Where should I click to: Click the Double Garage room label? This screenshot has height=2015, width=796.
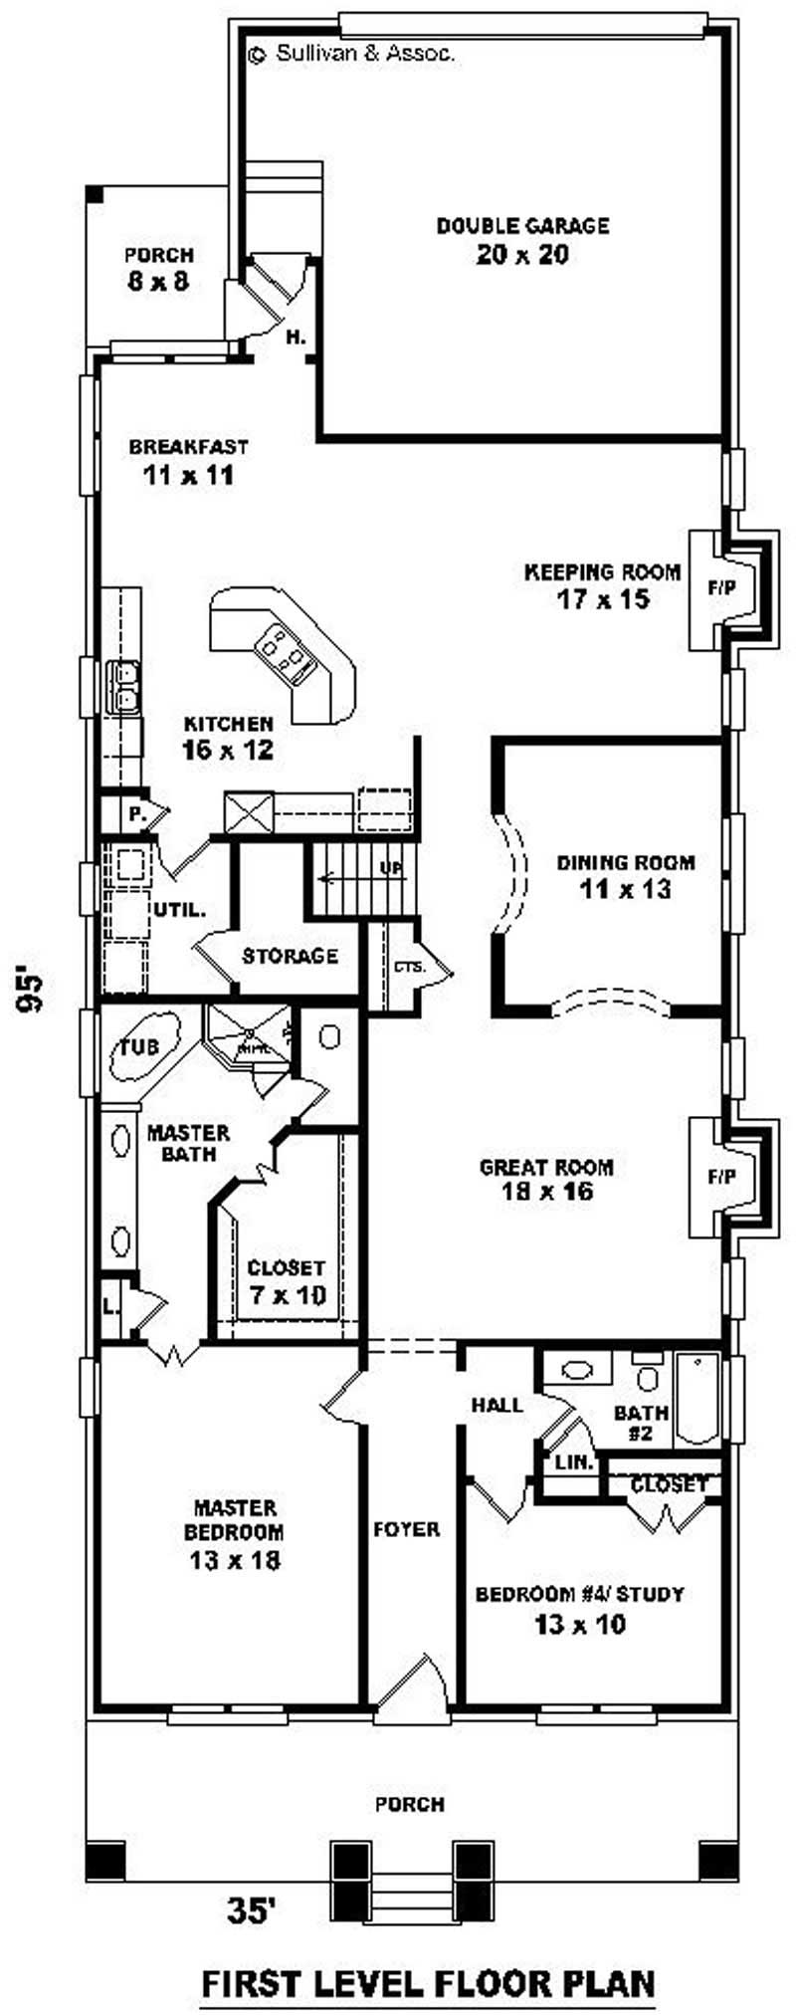point(522,240)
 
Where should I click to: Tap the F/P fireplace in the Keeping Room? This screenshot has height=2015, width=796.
point(722,588)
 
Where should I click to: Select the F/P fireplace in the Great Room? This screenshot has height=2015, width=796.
point(722,1177)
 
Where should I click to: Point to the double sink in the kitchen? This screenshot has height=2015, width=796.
point(124,687)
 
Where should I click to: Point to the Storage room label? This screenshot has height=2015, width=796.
point(290,957)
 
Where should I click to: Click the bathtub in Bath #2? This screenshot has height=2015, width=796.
point(696,1398)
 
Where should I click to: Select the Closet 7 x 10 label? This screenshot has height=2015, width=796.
point(286,1281)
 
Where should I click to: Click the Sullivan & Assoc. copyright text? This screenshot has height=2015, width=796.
point(353,55)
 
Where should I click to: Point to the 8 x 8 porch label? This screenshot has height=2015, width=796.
point(158,269)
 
